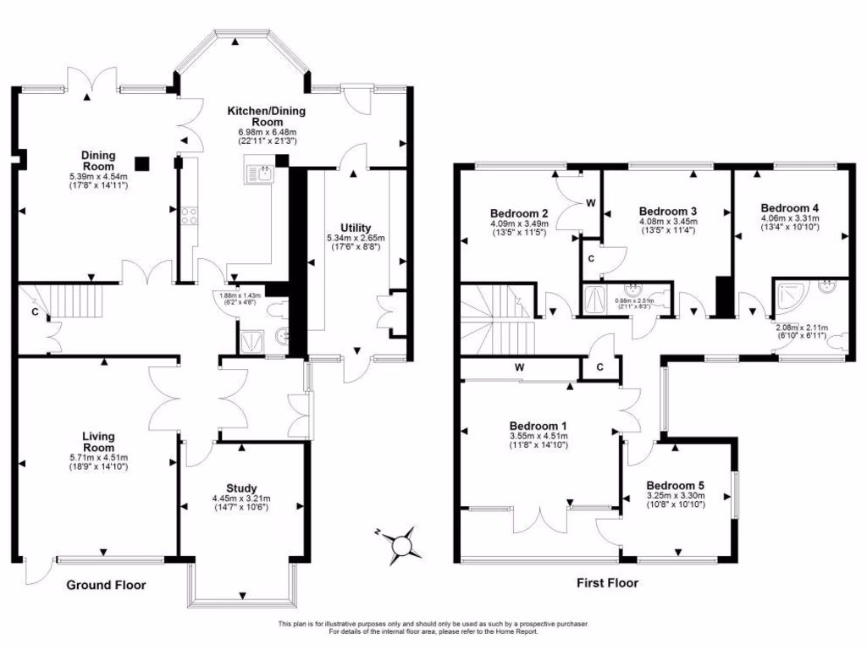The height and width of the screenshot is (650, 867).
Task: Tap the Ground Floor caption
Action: tap(106, 585)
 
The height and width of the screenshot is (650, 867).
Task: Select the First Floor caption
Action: tap(607, 582)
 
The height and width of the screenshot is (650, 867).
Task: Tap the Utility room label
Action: tap(356, 229)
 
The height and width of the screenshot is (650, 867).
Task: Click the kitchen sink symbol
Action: tap(257, 174)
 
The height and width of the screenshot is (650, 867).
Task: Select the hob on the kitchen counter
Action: tap(187, 216)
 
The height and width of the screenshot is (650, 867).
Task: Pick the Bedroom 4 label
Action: tap(789, 207)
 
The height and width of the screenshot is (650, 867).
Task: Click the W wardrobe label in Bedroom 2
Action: tap(590, 202)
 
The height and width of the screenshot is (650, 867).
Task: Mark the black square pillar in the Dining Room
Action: tap(143, 162)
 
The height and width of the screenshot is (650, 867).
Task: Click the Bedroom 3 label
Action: tap(667, 211)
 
